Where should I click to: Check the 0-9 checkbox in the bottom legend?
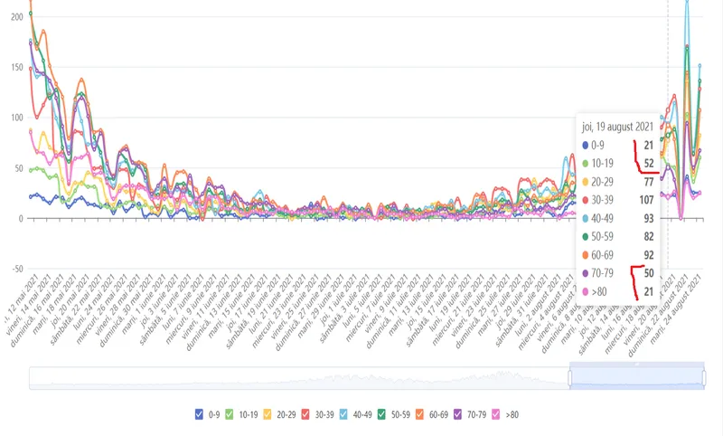[199, 414]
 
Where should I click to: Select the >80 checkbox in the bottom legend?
[495, 414]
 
